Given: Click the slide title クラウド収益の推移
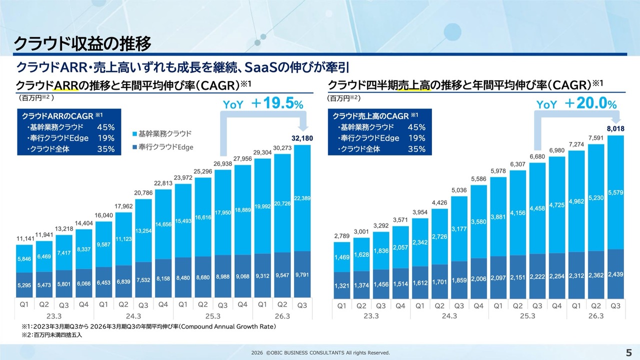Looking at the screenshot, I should (x=82, y=44).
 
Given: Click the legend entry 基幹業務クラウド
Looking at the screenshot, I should (x=162, y=134).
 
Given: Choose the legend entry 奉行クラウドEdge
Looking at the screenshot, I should (x=162, y=147).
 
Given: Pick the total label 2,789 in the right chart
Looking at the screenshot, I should (x=342, y=235).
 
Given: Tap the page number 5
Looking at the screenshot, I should (x=628, y=352).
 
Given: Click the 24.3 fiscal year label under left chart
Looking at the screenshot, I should (x=132, y=316).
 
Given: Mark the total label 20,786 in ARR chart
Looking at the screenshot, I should (x=142, y=192).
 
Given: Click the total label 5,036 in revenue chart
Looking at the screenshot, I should (x=459, y=190).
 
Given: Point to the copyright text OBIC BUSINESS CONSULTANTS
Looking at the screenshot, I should (x=320, y=353).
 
